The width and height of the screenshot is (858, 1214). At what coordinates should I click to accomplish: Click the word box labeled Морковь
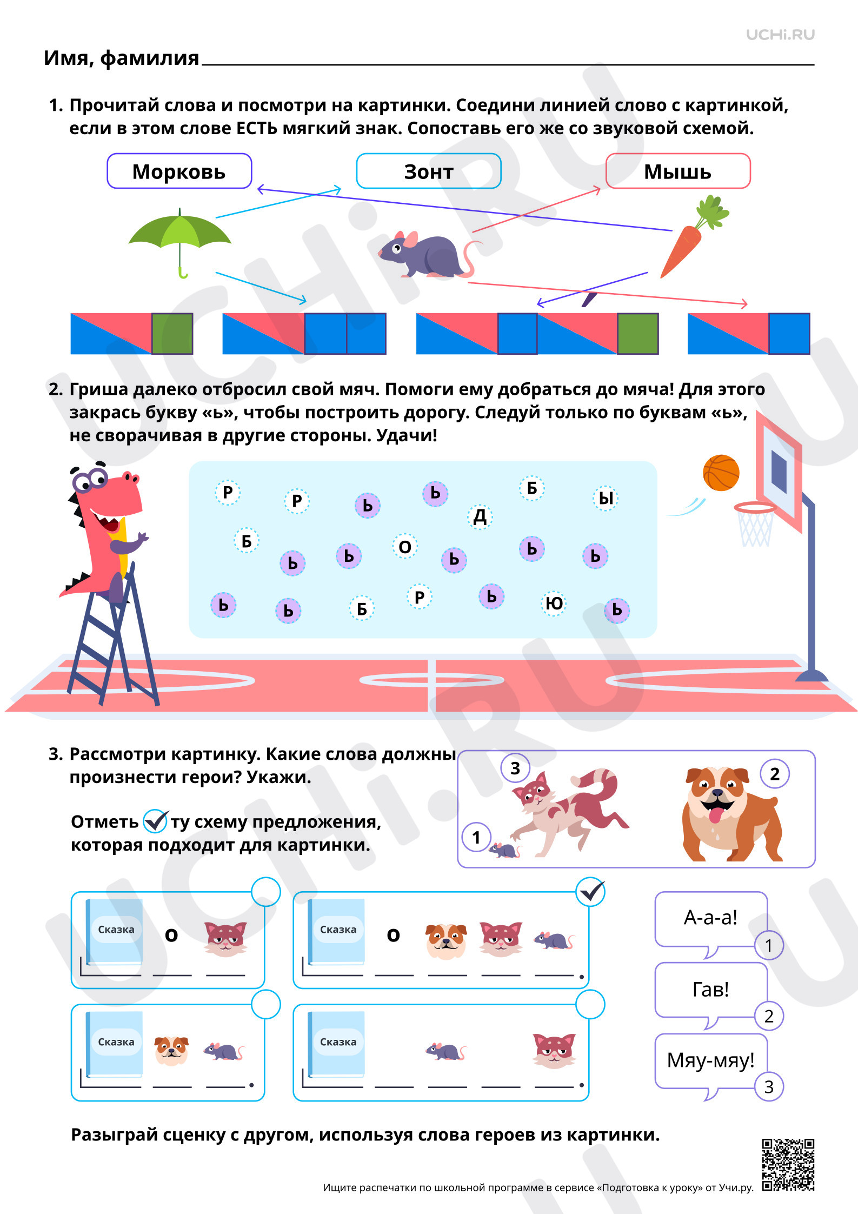pos(179,171)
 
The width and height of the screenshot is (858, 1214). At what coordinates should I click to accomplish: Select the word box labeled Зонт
pos(429,171)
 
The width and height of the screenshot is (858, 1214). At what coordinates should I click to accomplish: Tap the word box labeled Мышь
pos(678,171)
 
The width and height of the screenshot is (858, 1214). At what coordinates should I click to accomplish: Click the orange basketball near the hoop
pos(721,473)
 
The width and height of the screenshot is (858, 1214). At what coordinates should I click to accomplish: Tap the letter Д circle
pos(480,516)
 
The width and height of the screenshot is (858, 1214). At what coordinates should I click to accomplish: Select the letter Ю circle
pos(553,603)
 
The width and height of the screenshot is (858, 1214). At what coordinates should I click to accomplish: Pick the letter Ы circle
pos(606,498)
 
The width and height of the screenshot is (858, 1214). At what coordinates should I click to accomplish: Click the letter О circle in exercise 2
pos(405,547)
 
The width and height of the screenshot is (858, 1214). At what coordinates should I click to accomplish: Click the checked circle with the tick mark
pos(590,892)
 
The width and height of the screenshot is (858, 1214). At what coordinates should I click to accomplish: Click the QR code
pos(788,1165)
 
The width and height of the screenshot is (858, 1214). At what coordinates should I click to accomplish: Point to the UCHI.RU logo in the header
pos(780,35)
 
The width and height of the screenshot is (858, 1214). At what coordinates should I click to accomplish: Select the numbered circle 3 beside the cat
pos(515,768)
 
